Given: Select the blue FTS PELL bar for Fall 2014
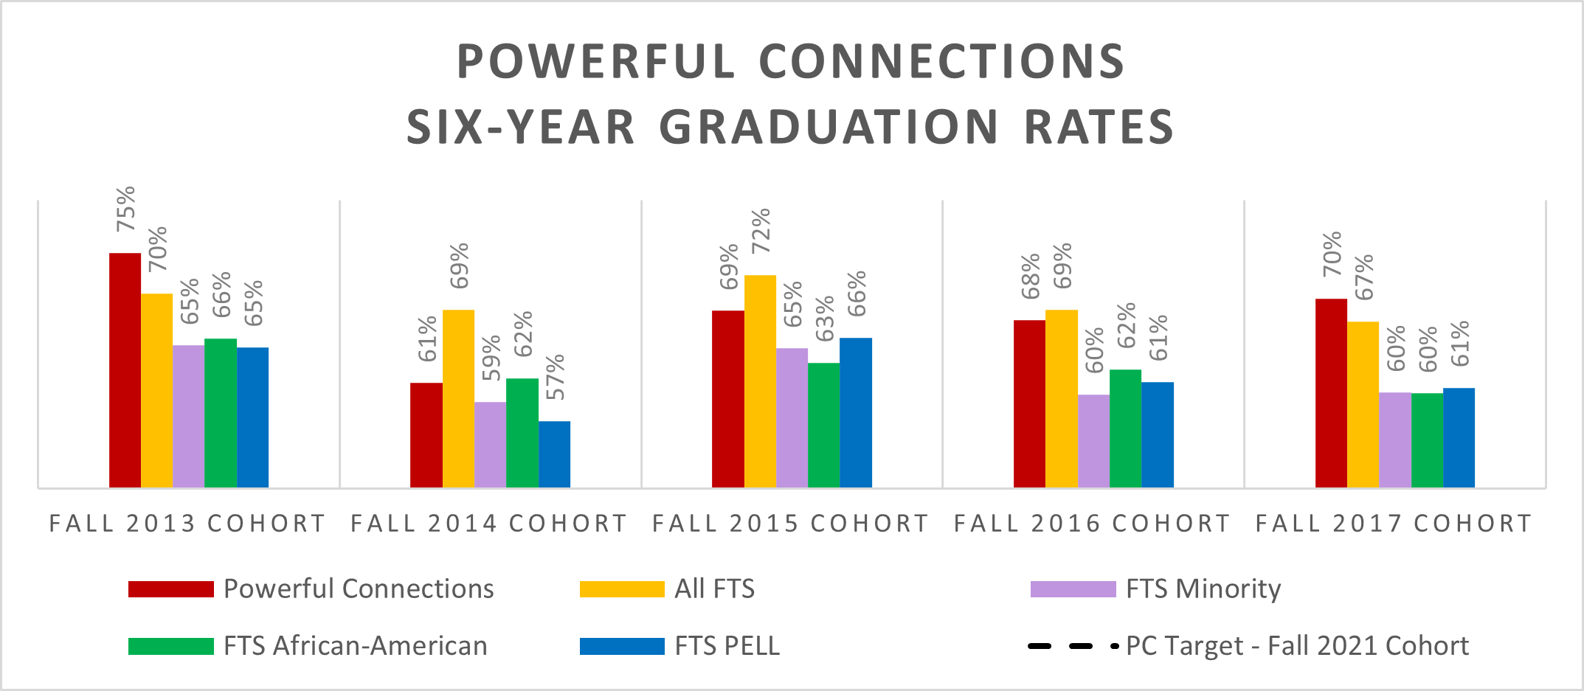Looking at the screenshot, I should pyautogui.click(x=554, y=454).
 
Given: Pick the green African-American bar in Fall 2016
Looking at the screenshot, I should pyautogui.click(x=1125, y=428).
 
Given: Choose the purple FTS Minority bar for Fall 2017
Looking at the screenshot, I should pyautogui.click(x=1395, y=440).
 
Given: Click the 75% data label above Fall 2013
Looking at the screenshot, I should pyautogui.click(x=126, y=209).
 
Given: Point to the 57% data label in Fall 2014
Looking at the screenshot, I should pyautogui.click(x=556, y=377).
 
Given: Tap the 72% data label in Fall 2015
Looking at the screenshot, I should pyautogui.click(x=761, y=231).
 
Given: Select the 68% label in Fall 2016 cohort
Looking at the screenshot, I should pyautogui.click(x=1031, y=276).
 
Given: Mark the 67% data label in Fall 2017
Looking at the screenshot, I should pyautogui.click(x=1364, y=277).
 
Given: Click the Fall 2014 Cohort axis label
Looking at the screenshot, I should pyautogui.click(x=488, y=524).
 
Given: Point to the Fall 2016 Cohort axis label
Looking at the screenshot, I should pyautogui.click(x=1092, y=524).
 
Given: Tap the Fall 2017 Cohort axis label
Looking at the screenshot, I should pyautogui.click(x=1394, y=524).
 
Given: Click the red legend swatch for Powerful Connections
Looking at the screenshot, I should pyautogui.click(x=170, y=589).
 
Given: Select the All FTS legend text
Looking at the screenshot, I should pyautogui.click(x=714, y=589).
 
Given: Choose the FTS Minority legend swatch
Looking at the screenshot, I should pyautogui.click(x=1073, y=589).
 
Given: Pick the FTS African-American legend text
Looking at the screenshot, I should pyautogui.click(x=355, y=646).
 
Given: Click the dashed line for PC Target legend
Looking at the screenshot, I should pyautogui.click(x=1072, y=647).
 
